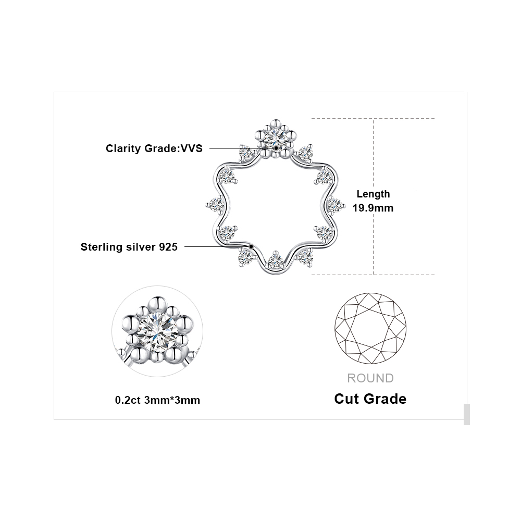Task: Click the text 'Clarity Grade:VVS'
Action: [x=154, y=148]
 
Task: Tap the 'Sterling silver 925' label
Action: [x=129, y=247]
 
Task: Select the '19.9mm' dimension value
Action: [x=373, y=208]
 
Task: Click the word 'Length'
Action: [x=373, y=194]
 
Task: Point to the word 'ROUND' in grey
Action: [x=370, y=378]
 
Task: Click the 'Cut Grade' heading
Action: [x=370, y=399]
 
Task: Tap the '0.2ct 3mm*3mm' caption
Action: [x=157, y=400]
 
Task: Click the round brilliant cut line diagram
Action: [x=370, y=328]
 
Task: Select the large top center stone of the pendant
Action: [x=276, y=136]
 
